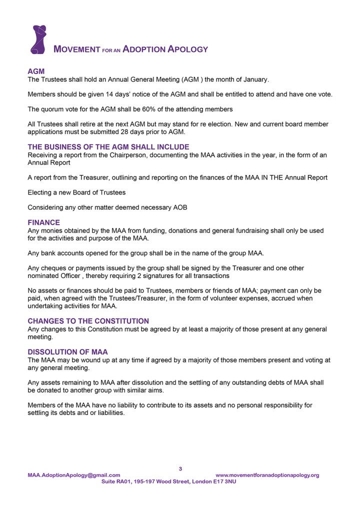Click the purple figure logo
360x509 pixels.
click(38, 39)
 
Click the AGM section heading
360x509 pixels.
click(36, 72)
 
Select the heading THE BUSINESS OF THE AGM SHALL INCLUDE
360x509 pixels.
click(108, 147)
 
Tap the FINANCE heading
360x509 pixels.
click(43, 222)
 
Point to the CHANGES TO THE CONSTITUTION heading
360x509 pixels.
click(88, 320)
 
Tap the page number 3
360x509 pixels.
click(180, 468)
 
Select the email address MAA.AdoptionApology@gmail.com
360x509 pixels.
click(74, 475)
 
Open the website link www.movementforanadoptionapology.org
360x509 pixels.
click(267, 475)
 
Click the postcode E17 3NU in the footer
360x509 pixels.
click(225, 481)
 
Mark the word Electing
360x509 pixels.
click(40, 192)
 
